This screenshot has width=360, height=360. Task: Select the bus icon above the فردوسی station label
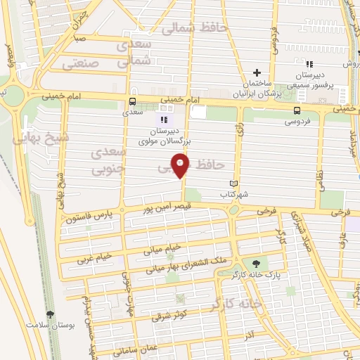(x=299, y=110)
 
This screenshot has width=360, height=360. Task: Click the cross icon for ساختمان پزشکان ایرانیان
(x=257, y=72)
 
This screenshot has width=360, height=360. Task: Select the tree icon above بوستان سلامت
(x=49, y=315)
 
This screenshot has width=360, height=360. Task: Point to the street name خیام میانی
(x=163, y=247)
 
